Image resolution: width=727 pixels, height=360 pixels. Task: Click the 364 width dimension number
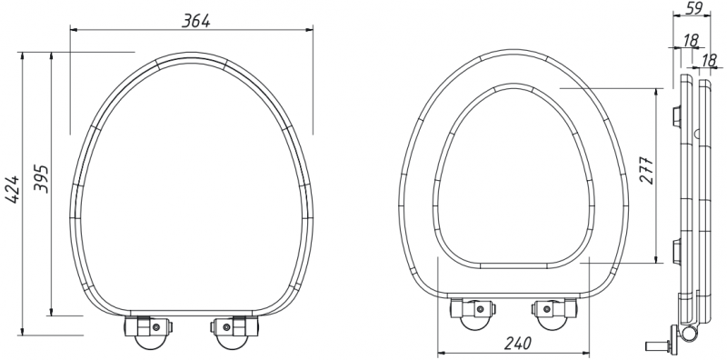pos(195,20)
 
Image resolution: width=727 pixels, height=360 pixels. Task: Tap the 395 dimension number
pos(41,178)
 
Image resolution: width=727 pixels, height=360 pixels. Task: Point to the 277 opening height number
pos(647,170)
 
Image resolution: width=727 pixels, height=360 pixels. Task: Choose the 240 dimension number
pos(517,343)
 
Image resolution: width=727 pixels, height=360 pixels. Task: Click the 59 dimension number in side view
pos(693,7)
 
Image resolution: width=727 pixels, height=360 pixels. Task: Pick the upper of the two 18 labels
pos(691,40)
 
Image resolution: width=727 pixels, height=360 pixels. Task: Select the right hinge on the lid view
pos(234,332)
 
